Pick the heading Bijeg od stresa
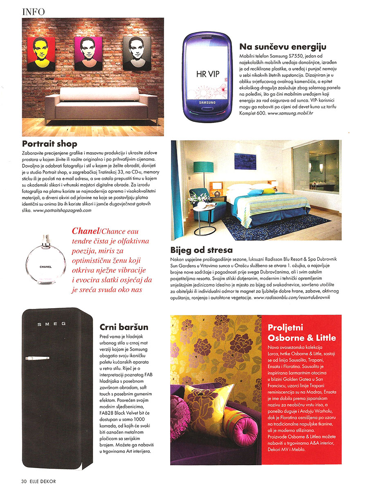pyautogui.click(x=202, y=250)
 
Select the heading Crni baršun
pyautogui.click(x=124, y=327)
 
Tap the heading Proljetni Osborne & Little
pyautogui.click(x=301, y=333)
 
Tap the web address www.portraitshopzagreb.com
pyautogui.click(x=61, y=210)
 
